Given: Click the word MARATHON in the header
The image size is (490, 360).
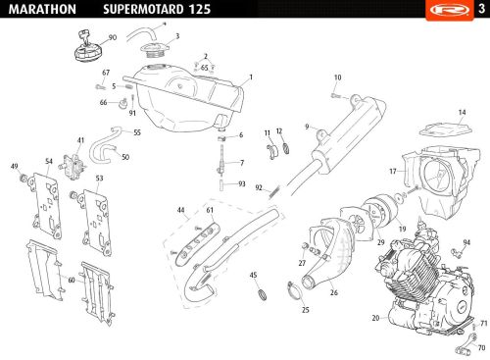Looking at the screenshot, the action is (42, 9).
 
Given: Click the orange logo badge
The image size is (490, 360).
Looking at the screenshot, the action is (450, 10).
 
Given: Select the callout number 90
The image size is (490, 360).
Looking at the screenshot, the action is (113, 37).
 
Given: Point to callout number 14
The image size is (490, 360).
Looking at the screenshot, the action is (462, 112).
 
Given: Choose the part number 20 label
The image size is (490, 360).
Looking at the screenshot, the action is (375, 318).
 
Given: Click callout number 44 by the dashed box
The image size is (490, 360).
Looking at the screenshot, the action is (180, 210).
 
